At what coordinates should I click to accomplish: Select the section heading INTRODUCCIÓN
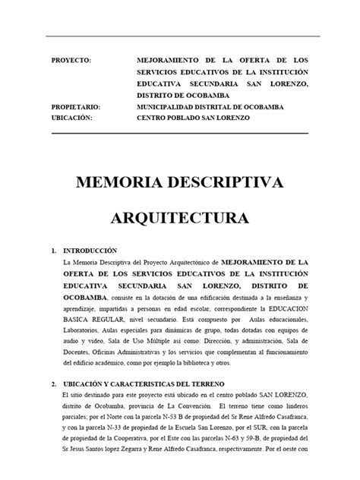tap(91, 250)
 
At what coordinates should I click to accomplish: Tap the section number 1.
tap(52, 250)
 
